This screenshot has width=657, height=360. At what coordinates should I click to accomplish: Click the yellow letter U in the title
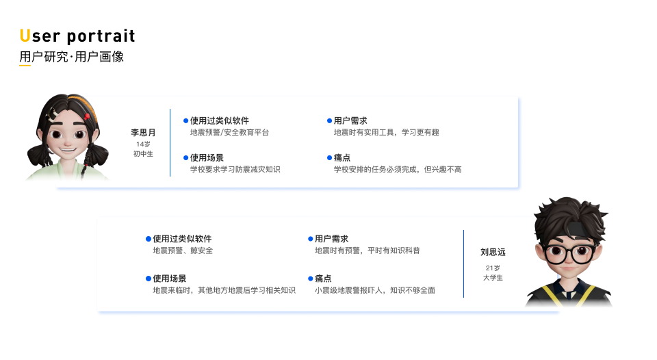click(25, 36)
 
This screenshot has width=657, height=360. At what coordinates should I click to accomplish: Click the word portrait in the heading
click(101, 36)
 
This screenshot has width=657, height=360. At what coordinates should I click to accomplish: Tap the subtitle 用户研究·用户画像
click(71, 57)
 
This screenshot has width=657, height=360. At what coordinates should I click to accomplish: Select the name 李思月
click(144, 133)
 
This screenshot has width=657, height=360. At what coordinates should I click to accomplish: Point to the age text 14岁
click(143, 144)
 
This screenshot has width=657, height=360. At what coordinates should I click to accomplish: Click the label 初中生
click(143, 154)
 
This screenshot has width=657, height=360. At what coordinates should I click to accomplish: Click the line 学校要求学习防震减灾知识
click(235, 169)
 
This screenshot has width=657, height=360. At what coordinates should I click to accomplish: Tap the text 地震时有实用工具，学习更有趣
click(386, 132)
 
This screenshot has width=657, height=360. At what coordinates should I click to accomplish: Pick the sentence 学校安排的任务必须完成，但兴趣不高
click(397, 169)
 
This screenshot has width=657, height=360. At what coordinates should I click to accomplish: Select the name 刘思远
click(493, 252)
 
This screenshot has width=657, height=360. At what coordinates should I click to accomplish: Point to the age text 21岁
click(493, 268)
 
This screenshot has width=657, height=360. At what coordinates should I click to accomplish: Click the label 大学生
click(493, 278)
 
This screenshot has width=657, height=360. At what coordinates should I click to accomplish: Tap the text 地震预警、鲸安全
click(183, 250)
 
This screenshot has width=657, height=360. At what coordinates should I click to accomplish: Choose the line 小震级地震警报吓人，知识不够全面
click(374, 290)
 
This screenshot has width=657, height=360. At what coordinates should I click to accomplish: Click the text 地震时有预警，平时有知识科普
click(367, 250)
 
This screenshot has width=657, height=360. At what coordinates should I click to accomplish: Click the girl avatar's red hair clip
click(87, 116)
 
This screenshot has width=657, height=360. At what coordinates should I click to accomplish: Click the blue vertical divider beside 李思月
click(170, 142)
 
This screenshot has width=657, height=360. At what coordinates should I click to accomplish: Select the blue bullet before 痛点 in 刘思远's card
click(310, 279)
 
